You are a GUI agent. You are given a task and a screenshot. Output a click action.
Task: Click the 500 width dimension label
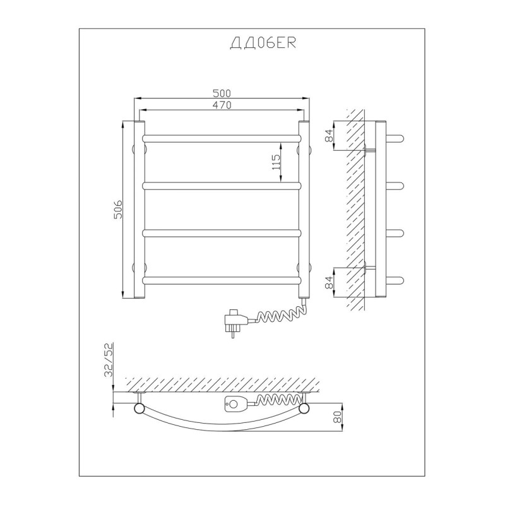point(222,93)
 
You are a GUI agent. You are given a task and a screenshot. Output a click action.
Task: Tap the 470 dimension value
point(222,105)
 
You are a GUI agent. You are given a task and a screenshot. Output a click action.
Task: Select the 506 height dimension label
point(118,210)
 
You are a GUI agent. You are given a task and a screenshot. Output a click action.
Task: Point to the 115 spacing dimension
point(276,162)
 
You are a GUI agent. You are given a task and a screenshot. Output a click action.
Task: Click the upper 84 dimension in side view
point(329,135)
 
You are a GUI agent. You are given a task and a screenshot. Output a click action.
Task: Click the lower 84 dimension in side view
point(329,282)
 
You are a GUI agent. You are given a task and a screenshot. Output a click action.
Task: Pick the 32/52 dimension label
point(109,360)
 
